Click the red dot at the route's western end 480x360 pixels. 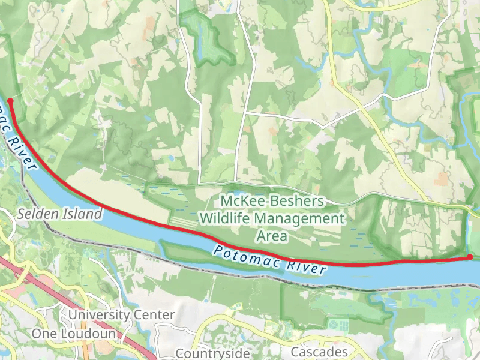point(10,101)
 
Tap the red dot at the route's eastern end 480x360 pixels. point(470,257)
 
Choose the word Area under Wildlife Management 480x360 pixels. point(271,236)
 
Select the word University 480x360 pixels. point(99,314)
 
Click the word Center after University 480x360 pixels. point(155,314)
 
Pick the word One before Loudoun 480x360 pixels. point(44,333)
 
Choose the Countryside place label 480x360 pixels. point(212,353)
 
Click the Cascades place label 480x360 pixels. point(319,352)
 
